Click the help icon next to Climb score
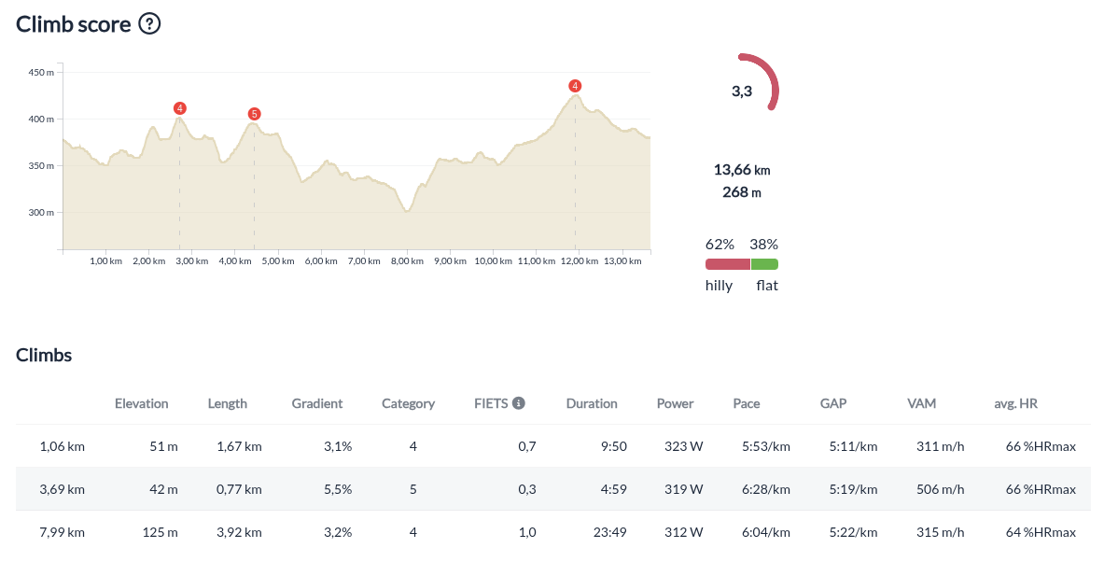click(x=149, y=24)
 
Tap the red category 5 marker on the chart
click(x=254, y=114)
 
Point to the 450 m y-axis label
click(x=41, y=73)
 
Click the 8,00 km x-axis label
click(x=406, y=262)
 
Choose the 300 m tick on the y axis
click(x=41, y=213)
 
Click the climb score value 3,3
click(x=742, y=91)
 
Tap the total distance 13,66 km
click(x=742, y=170)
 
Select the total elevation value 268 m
click(x=742, y=192)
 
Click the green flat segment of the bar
click(x=764, y=264)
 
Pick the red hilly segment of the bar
click(x=728, y=264)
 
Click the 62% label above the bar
click(x=720, y=245)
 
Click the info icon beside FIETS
click(x=519, y=403)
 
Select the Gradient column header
click(x=317, y=403)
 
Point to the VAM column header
click(x=921, y=403)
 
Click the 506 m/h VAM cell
click(x=940, y=489)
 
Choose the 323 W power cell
click(x=683, y=446)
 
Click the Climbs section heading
click(x=44, y=355)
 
